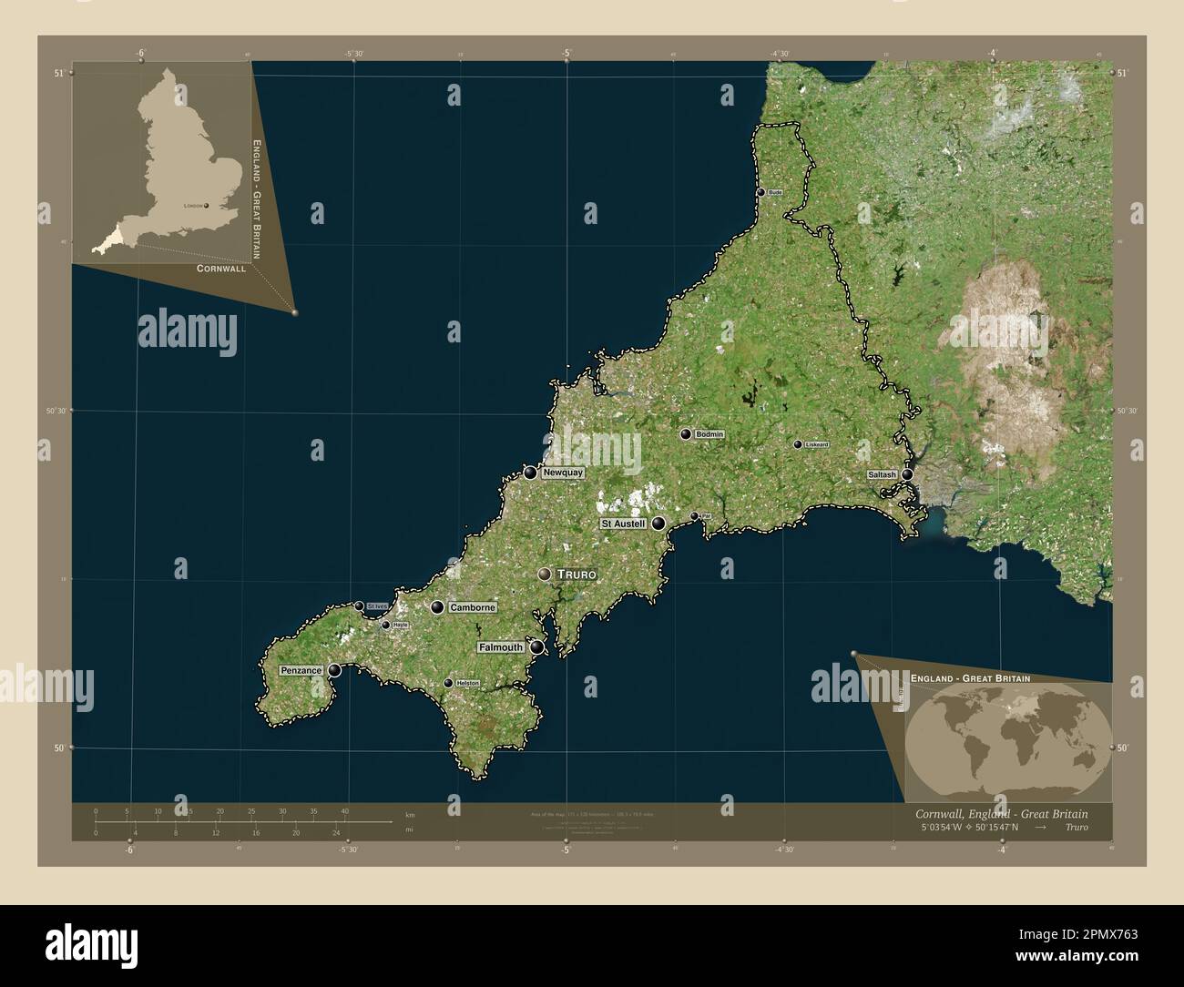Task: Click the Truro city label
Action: click(576, 575)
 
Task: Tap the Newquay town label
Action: click(562, 473)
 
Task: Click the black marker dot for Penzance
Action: click(335, 670)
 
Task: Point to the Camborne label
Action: click(473, 607)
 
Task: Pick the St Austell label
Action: click(623, 524)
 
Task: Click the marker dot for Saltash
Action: click(907, 474)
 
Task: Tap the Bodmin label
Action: click(709, 434)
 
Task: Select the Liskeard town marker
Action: click(798, 444)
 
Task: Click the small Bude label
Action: click(775, 193)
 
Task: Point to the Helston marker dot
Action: click(448, 683)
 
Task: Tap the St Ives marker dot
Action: click(360, 606)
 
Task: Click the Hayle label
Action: click(400, 626)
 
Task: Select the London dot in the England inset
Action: click(208, 206)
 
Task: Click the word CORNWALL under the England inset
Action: click(220, 269)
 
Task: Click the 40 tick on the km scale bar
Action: click(344, 811)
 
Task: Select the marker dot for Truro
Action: click(545, 575)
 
